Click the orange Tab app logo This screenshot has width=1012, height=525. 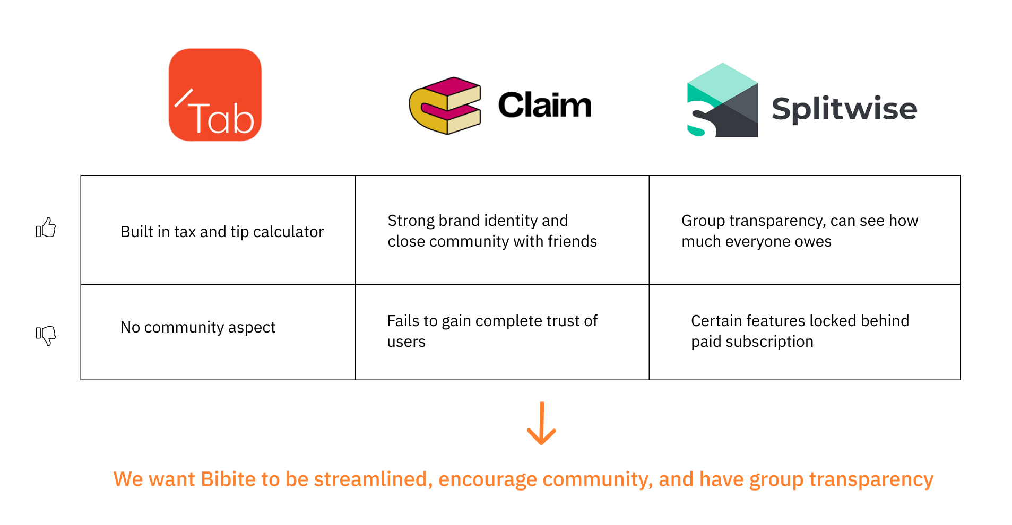coord(215,95)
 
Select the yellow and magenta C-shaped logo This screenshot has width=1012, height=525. coord(445,106)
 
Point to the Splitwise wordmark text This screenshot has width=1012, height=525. coord(844,109)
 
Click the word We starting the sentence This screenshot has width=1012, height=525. coord(128,479)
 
